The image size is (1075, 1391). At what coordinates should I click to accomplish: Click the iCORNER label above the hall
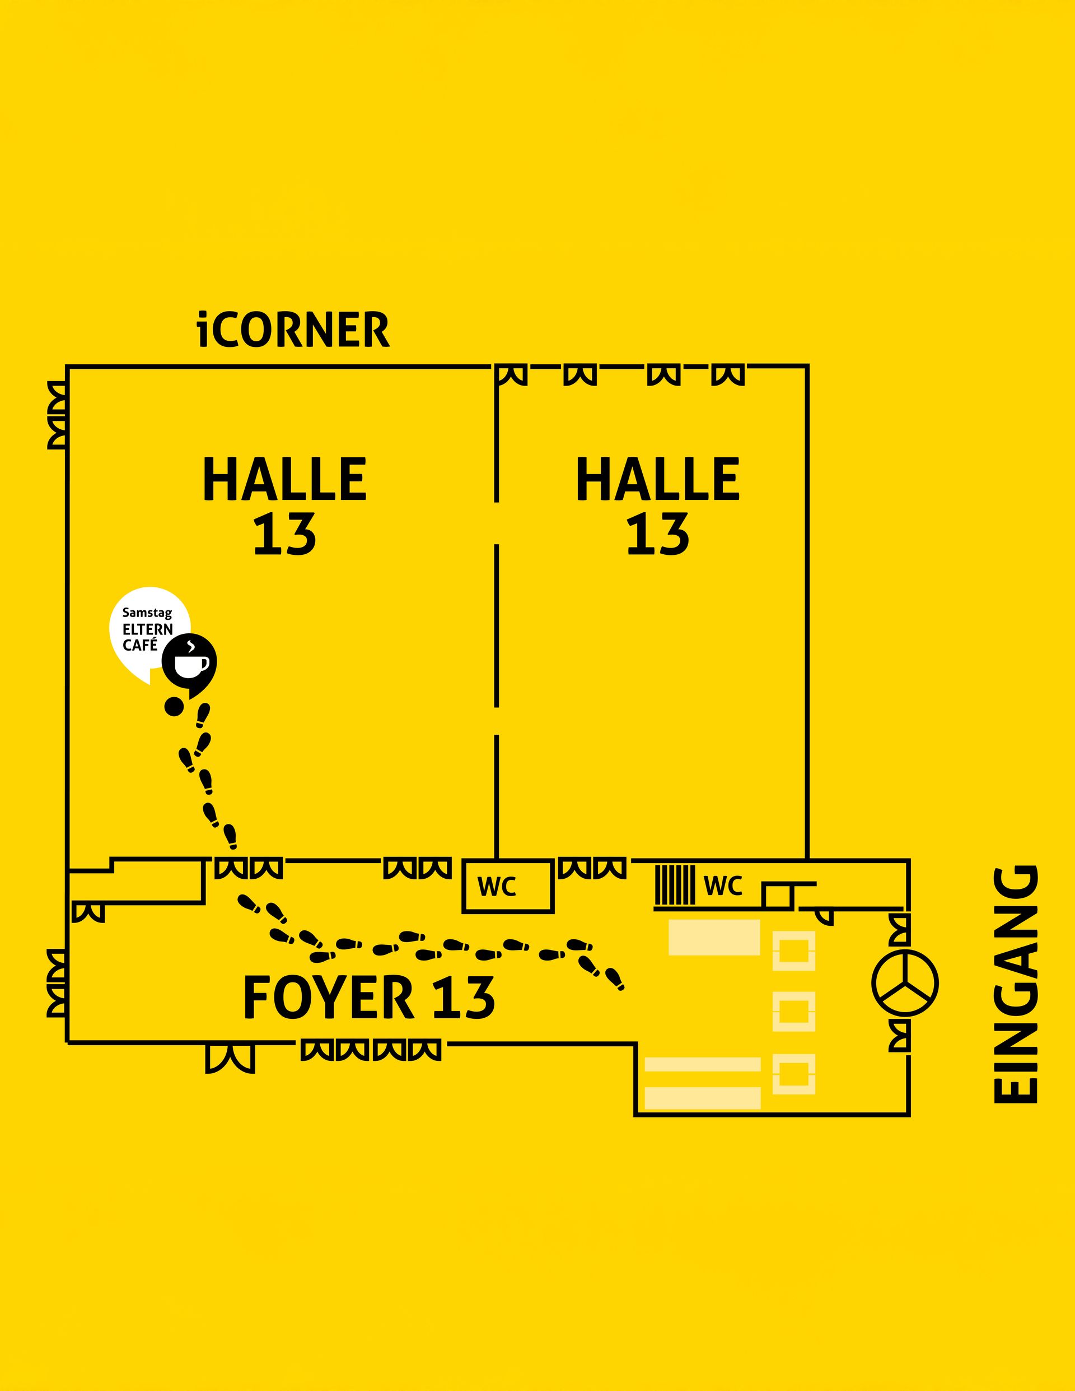(x=293, y=330)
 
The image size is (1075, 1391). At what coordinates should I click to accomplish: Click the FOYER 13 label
(x=368, y=998)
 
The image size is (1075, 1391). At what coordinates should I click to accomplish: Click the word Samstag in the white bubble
(x=147, y=613)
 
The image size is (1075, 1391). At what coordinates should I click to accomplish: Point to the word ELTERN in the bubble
(x=148, y=629)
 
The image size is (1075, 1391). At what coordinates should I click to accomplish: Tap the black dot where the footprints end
(x=174, y=706)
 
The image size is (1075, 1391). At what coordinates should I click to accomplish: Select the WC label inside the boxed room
(x=497, y=887)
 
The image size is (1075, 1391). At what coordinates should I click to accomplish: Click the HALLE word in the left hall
(x=284, y=479)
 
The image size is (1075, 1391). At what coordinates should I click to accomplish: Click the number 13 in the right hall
(x=657, y=535)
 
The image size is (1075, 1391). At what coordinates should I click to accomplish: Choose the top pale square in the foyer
(x=794, y=951)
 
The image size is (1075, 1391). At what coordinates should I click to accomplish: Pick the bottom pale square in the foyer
(x=794, y=1074)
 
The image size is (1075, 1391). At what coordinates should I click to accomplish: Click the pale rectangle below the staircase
(x=714, y=937)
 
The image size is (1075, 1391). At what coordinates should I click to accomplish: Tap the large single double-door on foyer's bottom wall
(x=230, y=1059)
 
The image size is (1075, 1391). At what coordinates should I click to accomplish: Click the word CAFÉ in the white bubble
(x=140, y=645)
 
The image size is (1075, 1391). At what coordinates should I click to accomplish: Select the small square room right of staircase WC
(x=778, y=896)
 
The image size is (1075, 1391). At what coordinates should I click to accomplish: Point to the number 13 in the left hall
(x=284, y=535)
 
